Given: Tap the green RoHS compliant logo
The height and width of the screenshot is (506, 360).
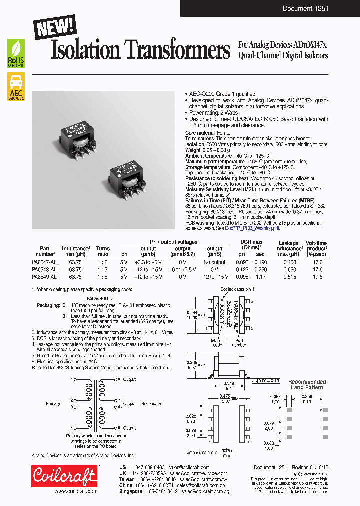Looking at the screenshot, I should [16, 53].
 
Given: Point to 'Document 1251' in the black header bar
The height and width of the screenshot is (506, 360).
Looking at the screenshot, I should [305, 8].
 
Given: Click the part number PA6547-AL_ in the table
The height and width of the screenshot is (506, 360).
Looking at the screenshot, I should [45, 262].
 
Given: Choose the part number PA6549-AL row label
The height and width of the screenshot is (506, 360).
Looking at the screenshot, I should [44, 276].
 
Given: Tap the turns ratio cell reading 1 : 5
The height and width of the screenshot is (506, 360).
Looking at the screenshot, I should [103, 276].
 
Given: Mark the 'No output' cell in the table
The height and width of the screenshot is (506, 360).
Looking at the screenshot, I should [214, 262].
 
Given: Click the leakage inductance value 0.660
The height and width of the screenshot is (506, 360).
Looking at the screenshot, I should [289, 269].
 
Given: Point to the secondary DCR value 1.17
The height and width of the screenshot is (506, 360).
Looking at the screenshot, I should [261, 276].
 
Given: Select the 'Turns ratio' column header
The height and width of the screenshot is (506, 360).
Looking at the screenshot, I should [103, 251].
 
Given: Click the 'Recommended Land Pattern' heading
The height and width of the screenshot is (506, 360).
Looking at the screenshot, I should [307, 384].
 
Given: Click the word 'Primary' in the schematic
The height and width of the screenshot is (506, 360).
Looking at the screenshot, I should [53, 403].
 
